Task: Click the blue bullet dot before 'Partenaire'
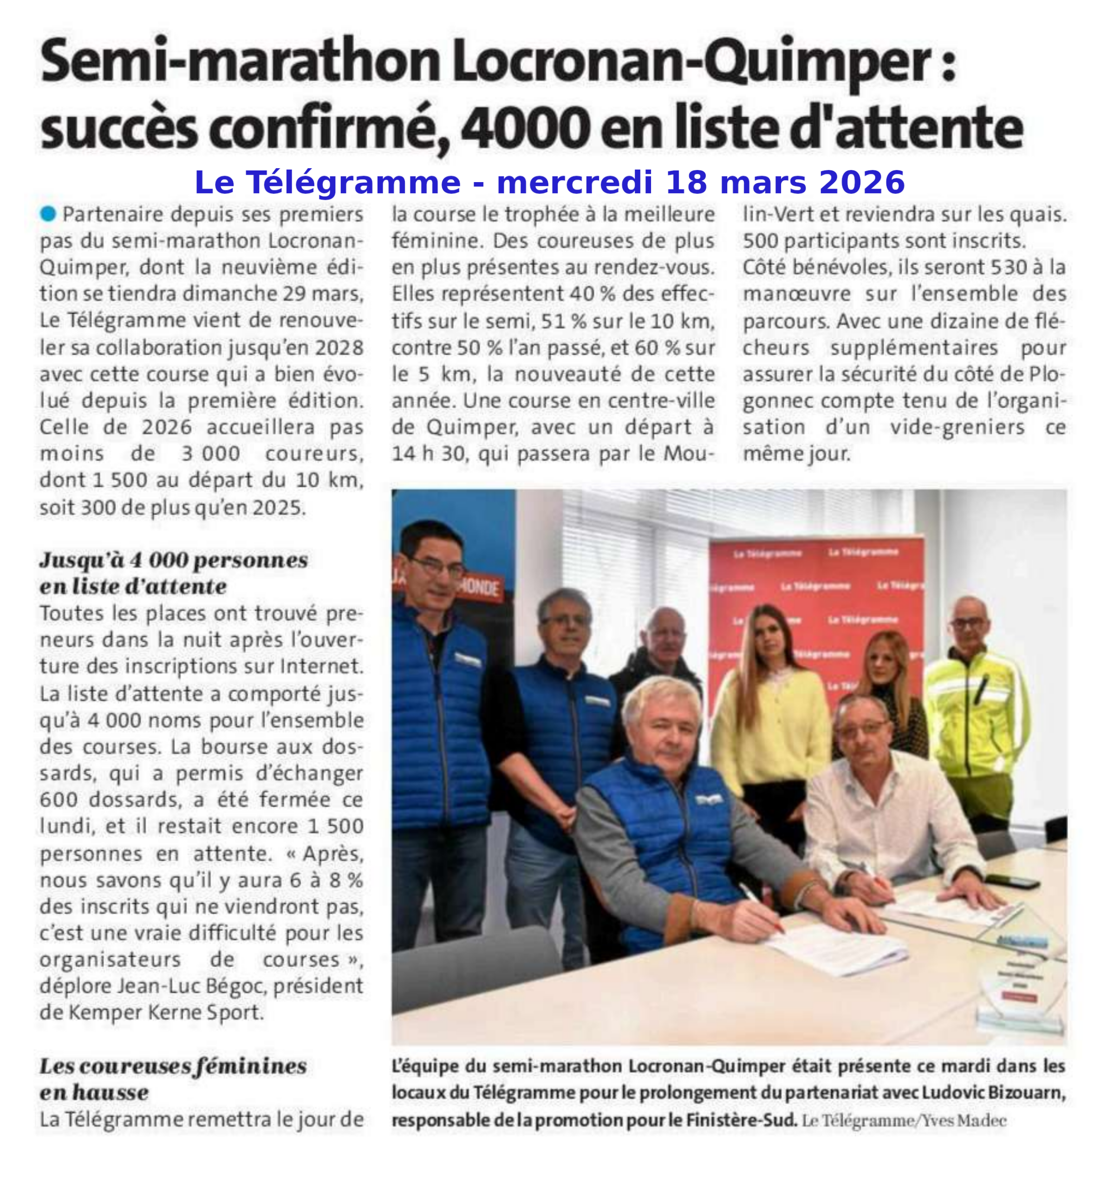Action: click(x=48, y=214)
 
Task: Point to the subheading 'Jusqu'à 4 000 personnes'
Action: click(x=174, y=561)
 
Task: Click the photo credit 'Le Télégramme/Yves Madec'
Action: click(x=903, y=1120)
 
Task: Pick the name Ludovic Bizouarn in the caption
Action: click(x=993, y=1093)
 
